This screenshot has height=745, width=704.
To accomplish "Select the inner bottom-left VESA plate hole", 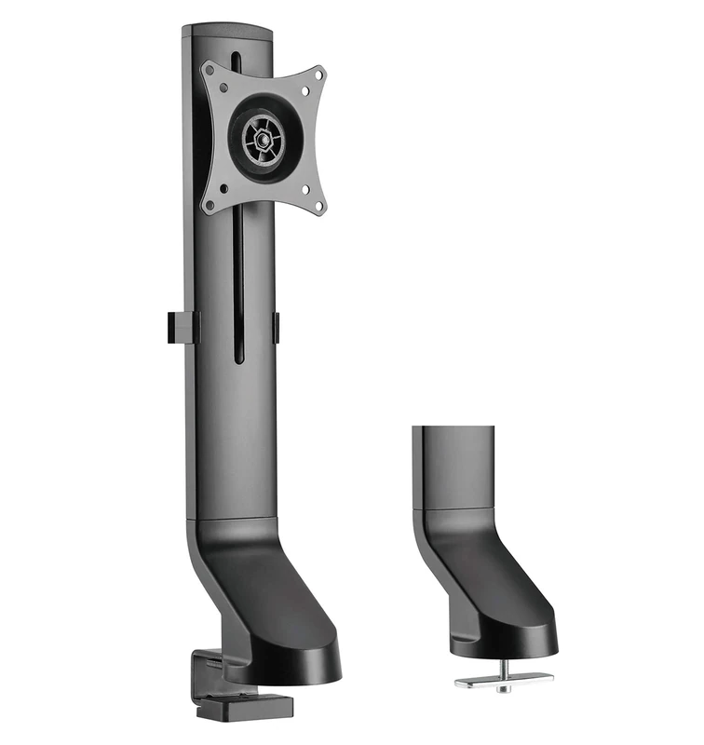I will [x=222, y=185].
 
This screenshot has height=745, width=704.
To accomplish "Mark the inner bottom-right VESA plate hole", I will [x=305, y=189].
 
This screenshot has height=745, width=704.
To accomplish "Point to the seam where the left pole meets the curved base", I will [x=233, y=518].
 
